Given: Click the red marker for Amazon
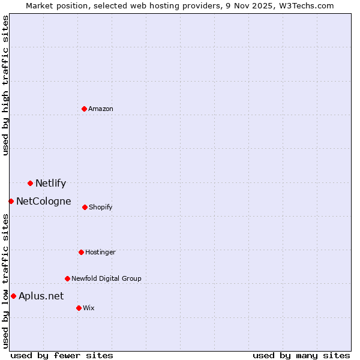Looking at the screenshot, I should (x=85, y=109).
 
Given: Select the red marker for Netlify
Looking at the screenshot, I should (x=30, y=183).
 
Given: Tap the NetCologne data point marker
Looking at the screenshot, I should (x=11, y=201).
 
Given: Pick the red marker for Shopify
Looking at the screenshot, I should (x=85, y=207).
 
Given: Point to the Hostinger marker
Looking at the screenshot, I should (x=81, y=252).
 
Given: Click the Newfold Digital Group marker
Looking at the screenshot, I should (x=67, y=278).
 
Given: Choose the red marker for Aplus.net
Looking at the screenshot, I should (x=13, y=296).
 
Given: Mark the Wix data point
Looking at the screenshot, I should (x=79, y=308).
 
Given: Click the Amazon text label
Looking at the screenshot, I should (x=101, y=109).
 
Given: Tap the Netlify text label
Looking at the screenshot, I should (x=50, y=184).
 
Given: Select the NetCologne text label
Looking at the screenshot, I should (x=43, y=202).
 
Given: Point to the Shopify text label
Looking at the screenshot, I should (x=101, y=208).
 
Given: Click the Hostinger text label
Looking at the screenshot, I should (x=100, y=253).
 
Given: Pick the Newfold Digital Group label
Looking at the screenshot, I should (x=106, y=279).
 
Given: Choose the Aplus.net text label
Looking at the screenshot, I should (x=41, y=296).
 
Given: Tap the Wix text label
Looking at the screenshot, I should (x=89, y=308).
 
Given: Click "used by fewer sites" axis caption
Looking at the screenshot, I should (x=62, y=356).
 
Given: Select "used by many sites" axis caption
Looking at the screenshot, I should (x=301, y=356).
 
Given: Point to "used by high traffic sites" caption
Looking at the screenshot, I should (x=6, y=85).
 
